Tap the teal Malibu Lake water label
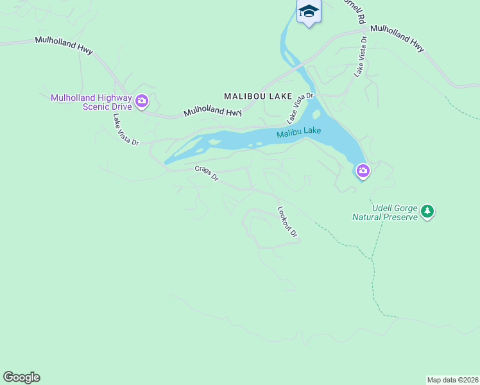298,133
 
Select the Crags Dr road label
207,174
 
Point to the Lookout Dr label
287,221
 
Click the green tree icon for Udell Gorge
427,210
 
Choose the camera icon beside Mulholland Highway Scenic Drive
141,101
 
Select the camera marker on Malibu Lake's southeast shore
363,171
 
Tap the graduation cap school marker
309,11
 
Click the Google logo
21,377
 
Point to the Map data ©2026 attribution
453,379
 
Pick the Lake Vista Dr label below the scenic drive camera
126,130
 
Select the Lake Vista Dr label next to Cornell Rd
361,56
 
